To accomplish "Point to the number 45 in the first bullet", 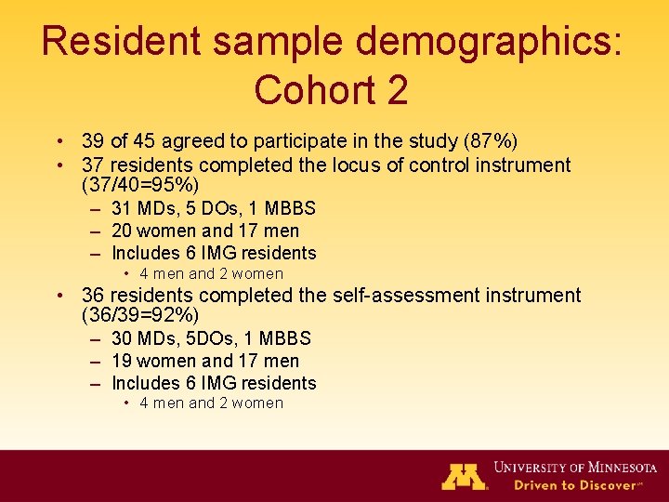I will (x=146, y=142).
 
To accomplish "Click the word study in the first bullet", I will (x=438, y=142).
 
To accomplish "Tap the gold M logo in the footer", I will (x=464, y=475).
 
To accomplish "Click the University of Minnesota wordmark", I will (x=575, y=467).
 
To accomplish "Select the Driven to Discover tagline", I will (x=575, y=484).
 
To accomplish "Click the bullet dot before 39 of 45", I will (x=59, y=142).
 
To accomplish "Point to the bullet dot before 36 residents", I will (x=59, y=296).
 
